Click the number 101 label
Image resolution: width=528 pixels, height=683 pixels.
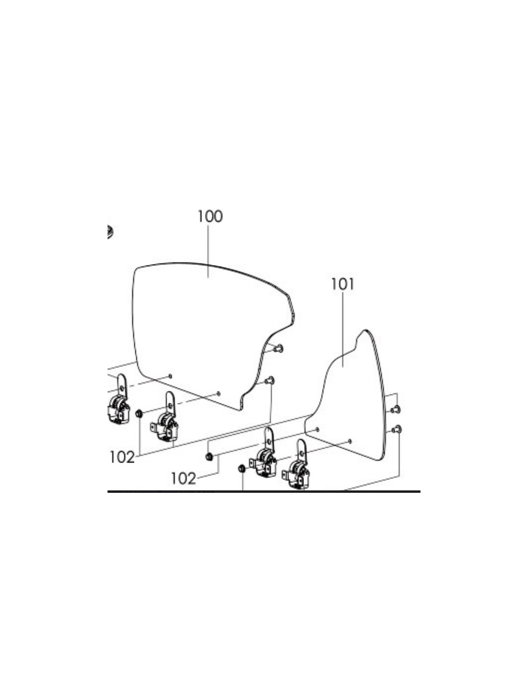click(343, 284)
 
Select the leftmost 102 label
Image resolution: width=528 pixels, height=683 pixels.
click(122, 457)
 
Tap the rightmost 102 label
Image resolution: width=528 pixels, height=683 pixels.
click(183, 479)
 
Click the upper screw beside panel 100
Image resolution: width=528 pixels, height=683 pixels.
click(278, 348)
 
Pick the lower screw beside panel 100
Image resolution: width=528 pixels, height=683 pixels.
click(269, 380)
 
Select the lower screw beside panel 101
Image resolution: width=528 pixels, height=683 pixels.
click(396, 429)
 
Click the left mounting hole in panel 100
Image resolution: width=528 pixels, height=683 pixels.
click(170, 376)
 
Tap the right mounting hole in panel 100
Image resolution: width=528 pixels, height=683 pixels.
click(218, 393)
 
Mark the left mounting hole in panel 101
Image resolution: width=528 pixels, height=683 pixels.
click(318, 429)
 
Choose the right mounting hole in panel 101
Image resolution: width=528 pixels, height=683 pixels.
click(350, 441)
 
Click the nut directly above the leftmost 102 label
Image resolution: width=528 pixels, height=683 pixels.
click(138, 414)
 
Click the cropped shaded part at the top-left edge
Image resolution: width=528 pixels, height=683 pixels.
click(110, 232)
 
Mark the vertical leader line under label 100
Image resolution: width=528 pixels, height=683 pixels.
click(208, 251)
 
